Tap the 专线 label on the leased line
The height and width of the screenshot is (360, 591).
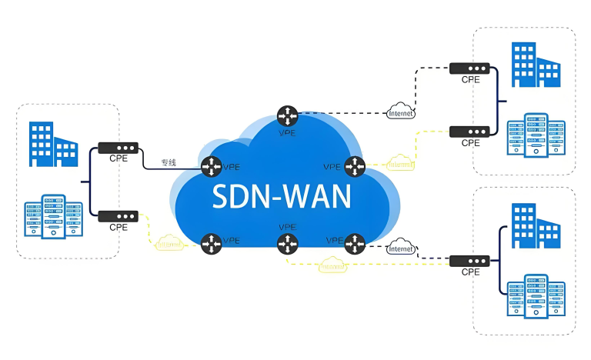click(x=169, y=162)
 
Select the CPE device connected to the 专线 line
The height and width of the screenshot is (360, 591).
click(x=118, y=147)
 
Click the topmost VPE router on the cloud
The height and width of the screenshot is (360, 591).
click(x=288, y=115)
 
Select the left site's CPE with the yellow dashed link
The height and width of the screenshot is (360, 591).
click(x=118, y=216)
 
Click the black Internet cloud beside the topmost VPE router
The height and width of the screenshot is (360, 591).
click(x=400, y=111)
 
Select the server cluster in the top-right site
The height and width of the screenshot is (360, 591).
click(x=537, y=135)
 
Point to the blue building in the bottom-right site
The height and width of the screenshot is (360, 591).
click(x=536, y=225)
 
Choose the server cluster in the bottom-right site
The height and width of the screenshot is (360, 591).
click(x=537, y=295)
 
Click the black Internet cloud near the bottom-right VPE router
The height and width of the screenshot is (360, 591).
click(x=400, y=248)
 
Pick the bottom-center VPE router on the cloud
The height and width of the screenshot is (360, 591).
click(x=288, y=244)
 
